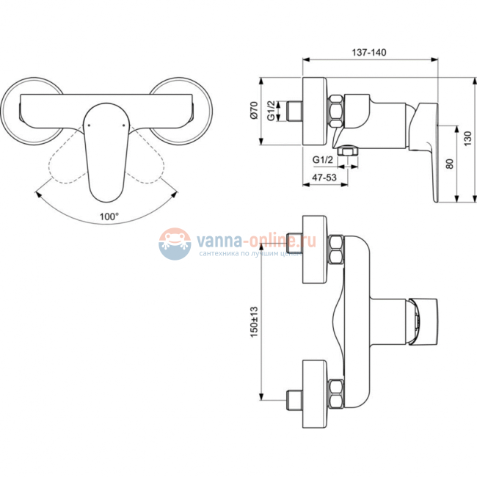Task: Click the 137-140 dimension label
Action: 369,52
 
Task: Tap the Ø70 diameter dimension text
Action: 255,110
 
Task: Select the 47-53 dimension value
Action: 324,178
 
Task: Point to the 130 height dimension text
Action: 467,139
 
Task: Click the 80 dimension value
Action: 449,164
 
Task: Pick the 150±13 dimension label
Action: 254,321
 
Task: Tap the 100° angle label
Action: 109,216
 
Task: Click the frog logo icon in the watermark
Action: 175,244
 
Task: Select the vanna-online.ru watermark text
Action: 256,241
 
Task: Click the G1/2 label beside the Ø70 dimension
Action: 272,110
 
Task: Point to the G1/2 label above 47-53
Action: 323,160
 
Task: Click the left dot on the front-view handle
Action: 89,125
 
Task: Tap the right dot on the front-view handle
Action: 123,125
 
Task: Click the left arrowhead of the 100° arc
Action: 39,194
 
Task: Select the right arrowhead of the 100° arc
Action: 175,194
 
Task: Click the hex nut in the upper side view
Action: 335,111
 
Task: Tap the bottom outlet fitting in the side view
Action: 348,151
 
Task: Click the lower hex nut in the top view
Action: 336,394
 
